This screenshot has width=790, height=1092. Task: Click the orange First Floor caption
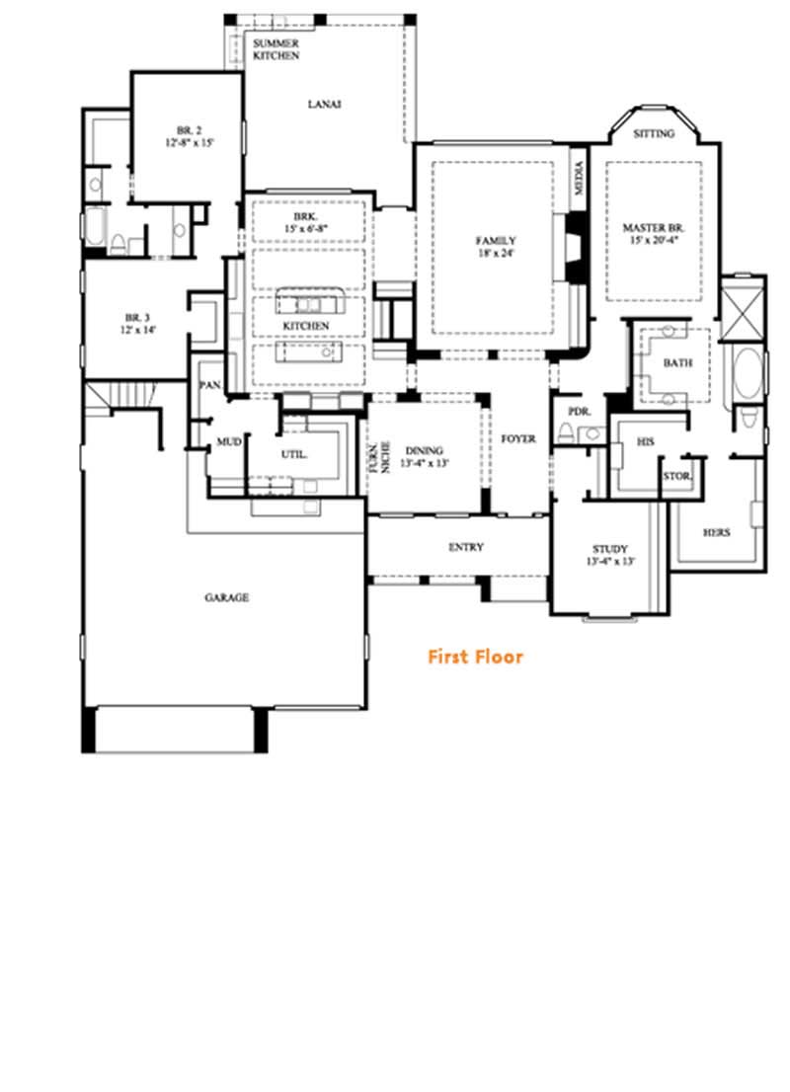[475, 657]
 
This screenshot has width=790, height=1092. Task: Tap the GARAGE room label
[226, 597]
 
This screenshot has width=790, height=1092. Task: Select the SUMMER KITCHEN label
[276, 50]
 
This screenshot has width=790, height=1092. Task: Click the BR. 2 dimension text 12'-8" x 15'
[190, 143]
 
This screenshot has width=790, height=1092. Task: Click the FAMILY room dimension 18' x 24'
[496, 254]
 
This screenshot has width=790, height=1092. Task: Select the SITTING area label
[654, 133]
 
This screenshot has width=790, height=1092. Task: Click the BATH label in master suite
[677, 363]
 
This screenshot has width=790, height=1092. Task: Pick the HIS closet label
[646, 442]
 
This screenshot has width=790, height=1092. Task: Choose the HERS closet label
[717, 532]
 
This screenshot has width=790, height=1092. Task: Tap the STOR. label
[676, 476]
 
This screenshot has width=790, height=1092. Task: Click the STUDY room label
[609, 549]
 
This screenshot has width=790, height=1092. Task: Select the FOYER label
[518, 438]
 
